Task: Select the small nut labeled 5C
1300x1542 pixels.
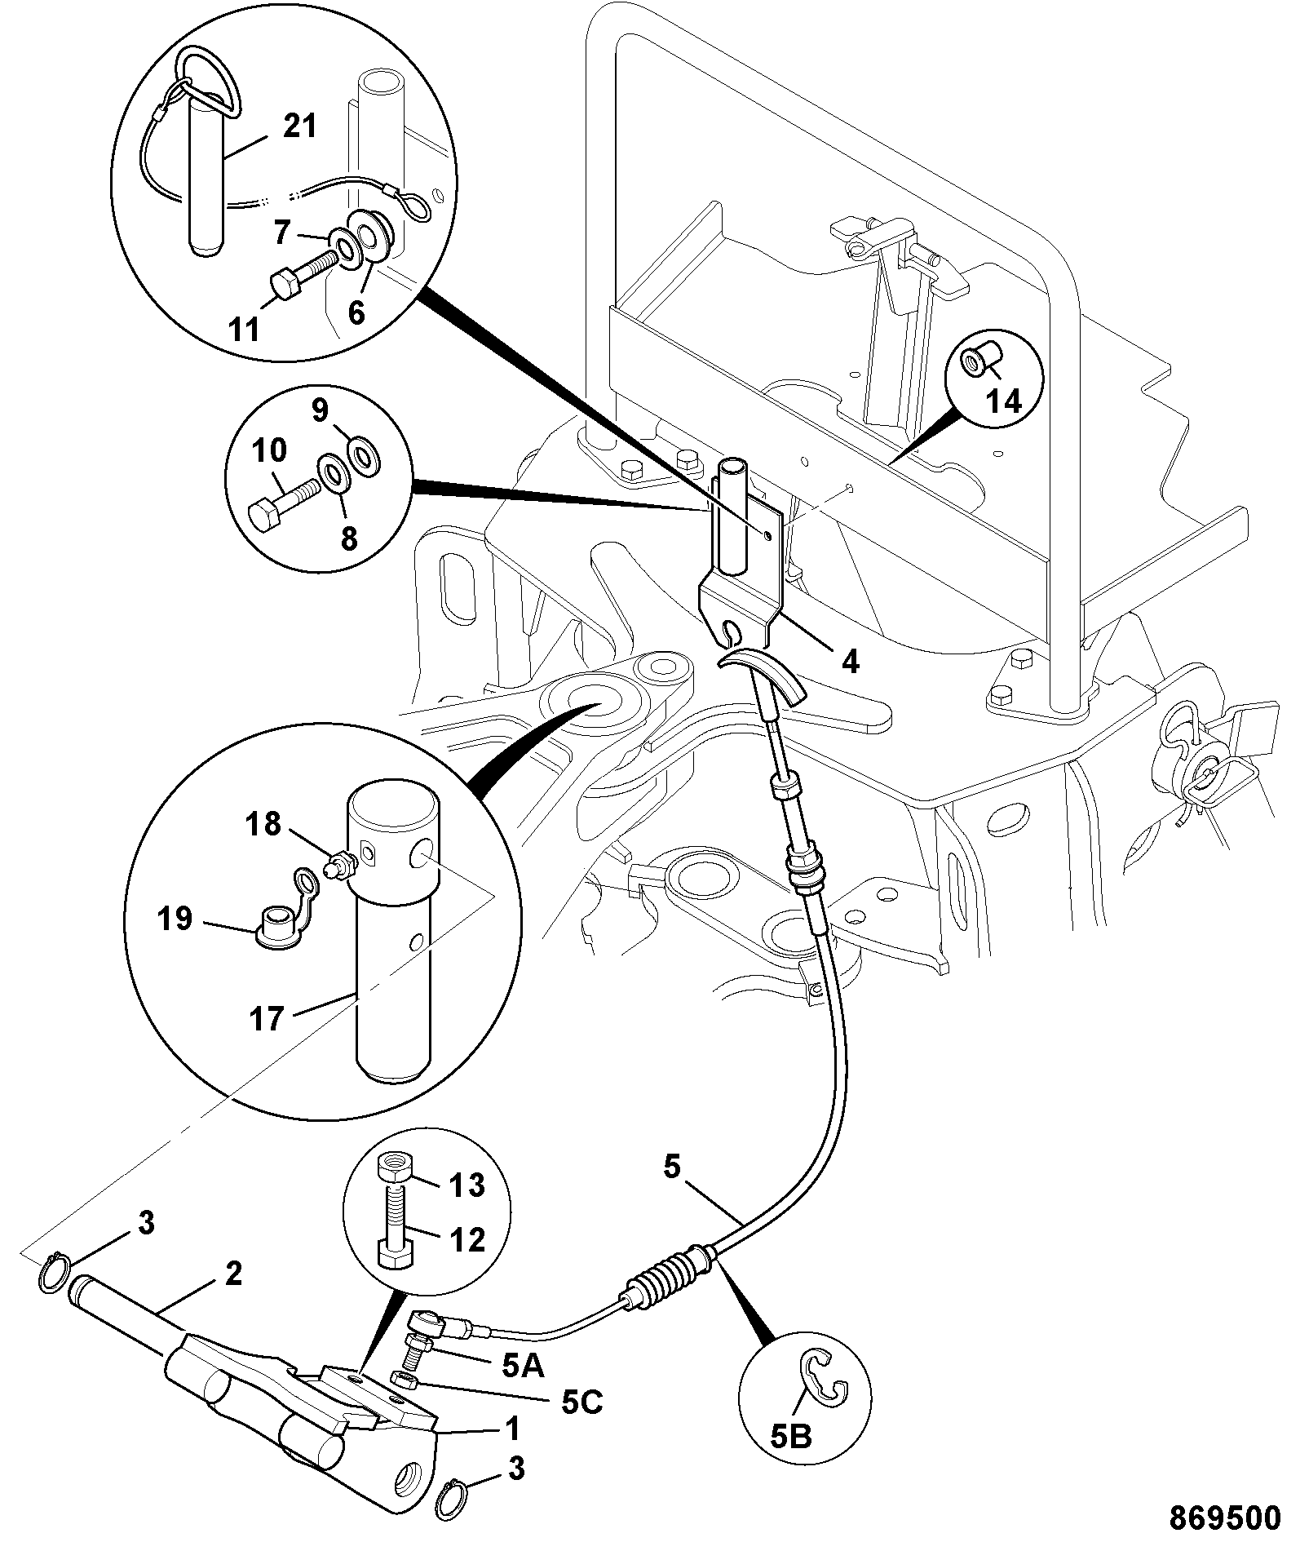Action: click(x=406, y=1379)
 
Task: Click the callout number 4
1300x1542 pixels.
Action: click(x=851, y=662)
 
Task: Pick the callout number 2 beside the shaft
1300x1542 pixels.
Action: click(x=233, y=1274)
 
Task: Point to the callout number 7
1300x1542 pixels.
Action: click(x=282, y=233)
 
